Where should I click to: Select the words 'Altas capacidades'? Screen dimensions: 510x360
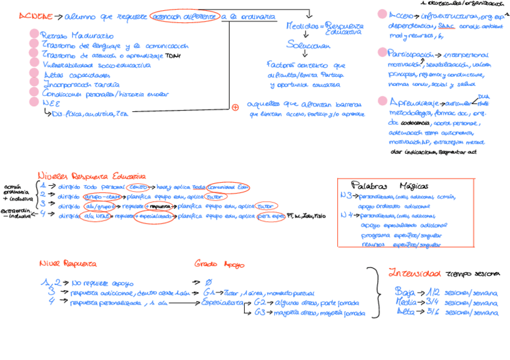[x=77, y=75]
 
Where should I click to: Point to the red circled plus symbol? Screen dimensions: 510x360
[x=235, y=108]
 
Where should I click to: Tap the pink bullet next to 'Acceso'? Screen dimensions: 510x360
[x=382, y=14]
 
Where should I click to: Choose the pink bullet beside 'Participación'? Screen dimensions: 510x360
[x=382, y=53]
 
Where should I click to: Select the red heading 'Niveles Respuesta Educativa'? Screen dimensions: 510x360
[x=91, y=175]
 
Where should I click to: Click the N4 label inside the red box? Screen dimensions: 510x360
[x=346, y=215]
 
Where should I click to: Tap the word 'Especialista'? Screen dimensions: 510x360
[x=223, y=303]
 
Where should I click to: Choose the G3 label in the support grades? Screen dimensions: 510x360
[x=260, y=313]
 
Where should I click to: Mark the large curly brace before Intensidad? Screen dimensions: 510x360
[x=376, y=291]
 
